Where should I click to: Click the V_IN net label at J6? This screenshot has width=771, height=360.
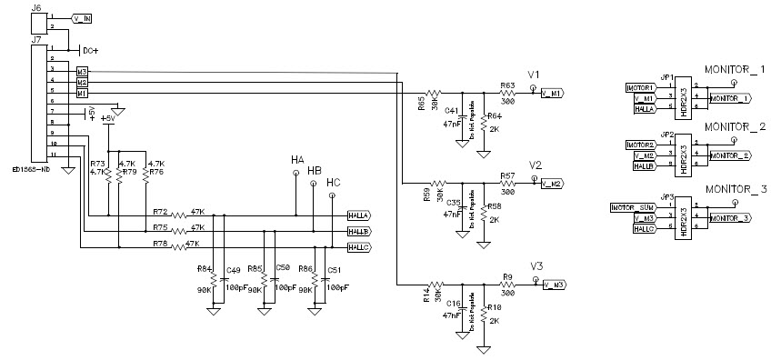click(x=81, y=18)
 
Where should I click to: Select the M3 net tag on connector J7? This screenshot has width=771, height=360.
click(x=82, y=71)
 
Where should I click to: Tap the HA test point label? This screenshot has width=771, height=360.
click(x=297, y=160)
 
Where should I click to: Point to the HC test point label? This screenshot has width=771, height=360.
click(x=334, y=184)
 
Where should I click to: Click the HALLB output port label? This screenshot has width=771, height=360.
click(x=358, y=232)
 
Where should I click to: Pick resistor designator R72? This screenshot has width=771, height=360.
click(x=161, y=210)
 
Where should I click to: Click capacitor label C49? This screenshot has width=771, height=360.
click(x=233, y=270)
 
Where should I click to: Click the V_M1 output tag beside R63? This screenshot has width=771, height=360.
click(x=552, y=94)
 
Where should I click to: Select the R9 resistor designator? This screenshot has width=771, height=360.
click(x=509, y=277)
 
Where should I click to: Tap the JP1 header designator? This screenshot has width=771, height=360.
click(x=666, y=76)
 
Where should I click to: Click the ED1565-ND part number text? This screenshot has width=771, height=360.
click(x=31, y=169)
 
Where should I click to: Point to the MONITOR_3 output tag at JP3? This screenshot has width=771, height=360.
click(x=730, y=218)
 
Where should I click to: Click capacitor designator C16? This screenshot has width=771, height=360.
click(x=451, y=305)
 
